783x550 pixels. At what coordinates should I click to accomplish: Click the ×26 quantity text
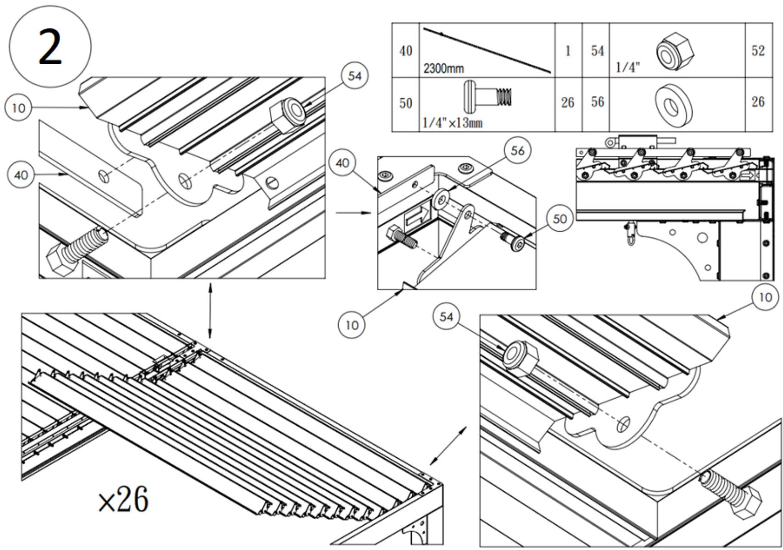coord(123,500)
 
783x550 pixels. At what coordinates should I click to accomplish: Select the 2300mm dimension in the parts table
coord(443,69)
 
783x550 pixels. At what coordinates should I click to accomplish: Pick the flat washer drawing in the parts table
coord(674,104)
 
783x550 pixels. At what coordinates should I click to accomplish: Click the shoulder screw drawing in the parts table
coord(489,96)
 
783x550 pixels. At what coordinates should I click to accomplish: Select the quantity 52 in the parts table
coord(757,50)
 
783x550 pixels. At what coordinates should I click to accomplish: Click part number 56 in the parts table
coord(597,102)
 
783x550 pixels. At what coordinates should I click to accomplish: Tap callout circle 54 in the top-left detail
coord(355,76)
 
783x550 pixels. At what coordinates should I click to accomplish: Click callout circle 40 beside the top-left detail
coord(21,175)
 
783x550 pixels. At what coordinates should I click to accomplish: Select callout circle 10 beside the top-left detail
coord(18,108)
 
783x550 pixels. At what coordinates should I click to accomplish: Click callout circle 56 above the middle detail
coord(517,151)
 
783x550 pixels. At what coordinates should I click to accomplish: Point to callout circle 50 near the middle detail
coord(559,219)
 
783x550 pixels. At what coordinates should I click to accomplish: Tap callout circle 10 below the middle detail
coord(352,325)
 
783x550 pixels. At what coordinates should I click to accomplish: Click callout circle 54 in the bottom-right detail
coord(446,317)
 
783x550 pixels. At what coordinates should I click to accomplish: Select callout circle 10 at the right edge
coord(765,297)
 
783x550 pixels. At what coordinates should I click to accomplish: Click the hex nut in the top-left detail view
coord(288,115)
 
